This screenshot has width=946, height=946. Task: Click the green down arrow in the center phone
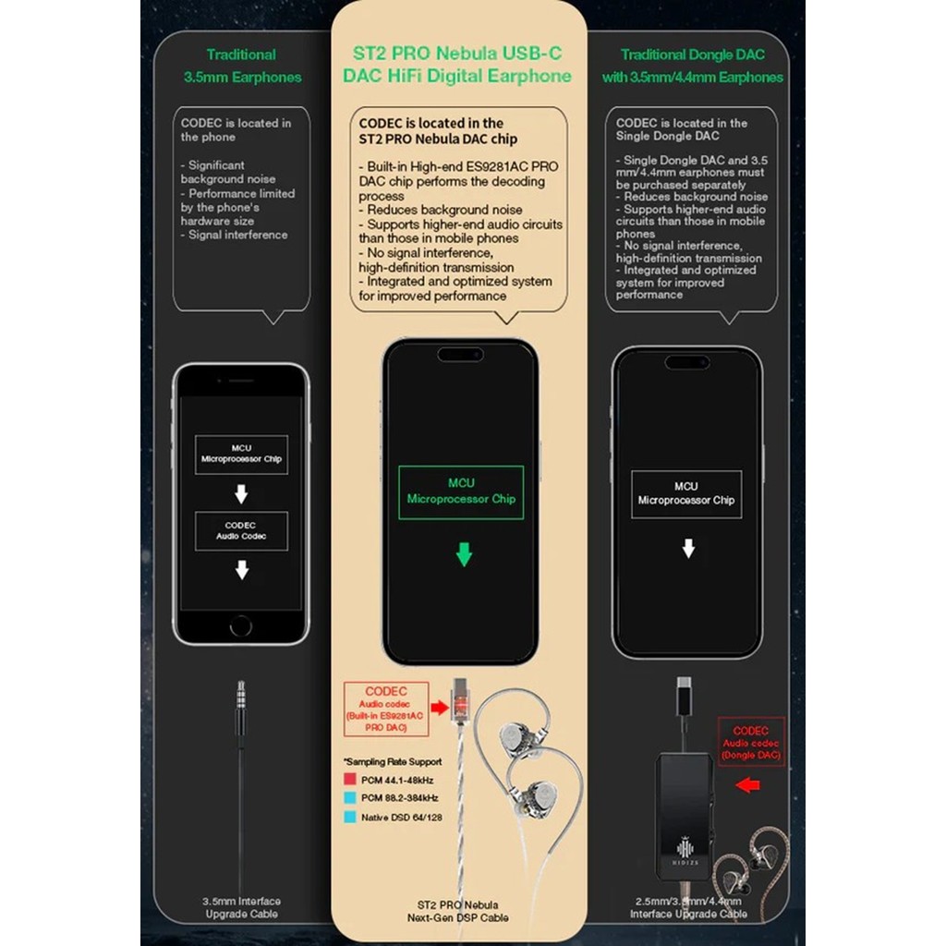[464, 554]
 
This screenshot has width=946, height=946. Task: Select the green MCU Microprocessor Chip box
[461, 491]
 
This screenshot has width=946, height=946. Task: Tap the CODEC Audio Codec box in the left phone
[241, 530]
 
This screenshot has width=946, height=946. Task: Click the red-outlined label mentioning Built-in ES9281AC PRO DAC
[385, 709]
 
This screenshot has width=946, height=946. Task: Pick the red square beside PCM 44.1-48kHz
[349, 780]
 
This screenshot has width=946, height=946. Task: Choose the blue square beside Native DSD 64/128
[349, 817]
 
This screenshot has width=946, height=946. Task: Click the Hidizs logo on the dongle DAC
[685, 851]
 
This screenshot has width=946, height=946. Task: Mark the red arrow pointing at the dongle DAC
[748, 786]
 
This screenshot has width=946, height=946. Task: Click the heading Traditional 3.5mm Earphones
[241, 66]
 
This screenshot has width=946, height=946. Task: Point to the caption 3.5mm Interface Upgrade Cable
[241, 907]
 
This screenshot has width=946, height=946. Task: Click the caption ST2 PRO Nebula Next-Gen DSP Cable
[459, 910]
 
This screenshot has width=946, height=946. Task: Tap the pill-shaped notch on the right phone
[686, 362]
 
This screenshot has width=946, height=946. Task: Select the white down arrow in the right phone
[687, 550]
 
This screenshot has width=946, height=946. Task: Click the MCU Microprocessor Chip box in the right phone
[686, 493]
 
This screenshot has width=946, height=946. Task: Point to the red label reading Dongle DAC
[752, 743]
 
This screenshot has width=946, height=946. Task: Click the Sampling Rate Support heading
[393, 762]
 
